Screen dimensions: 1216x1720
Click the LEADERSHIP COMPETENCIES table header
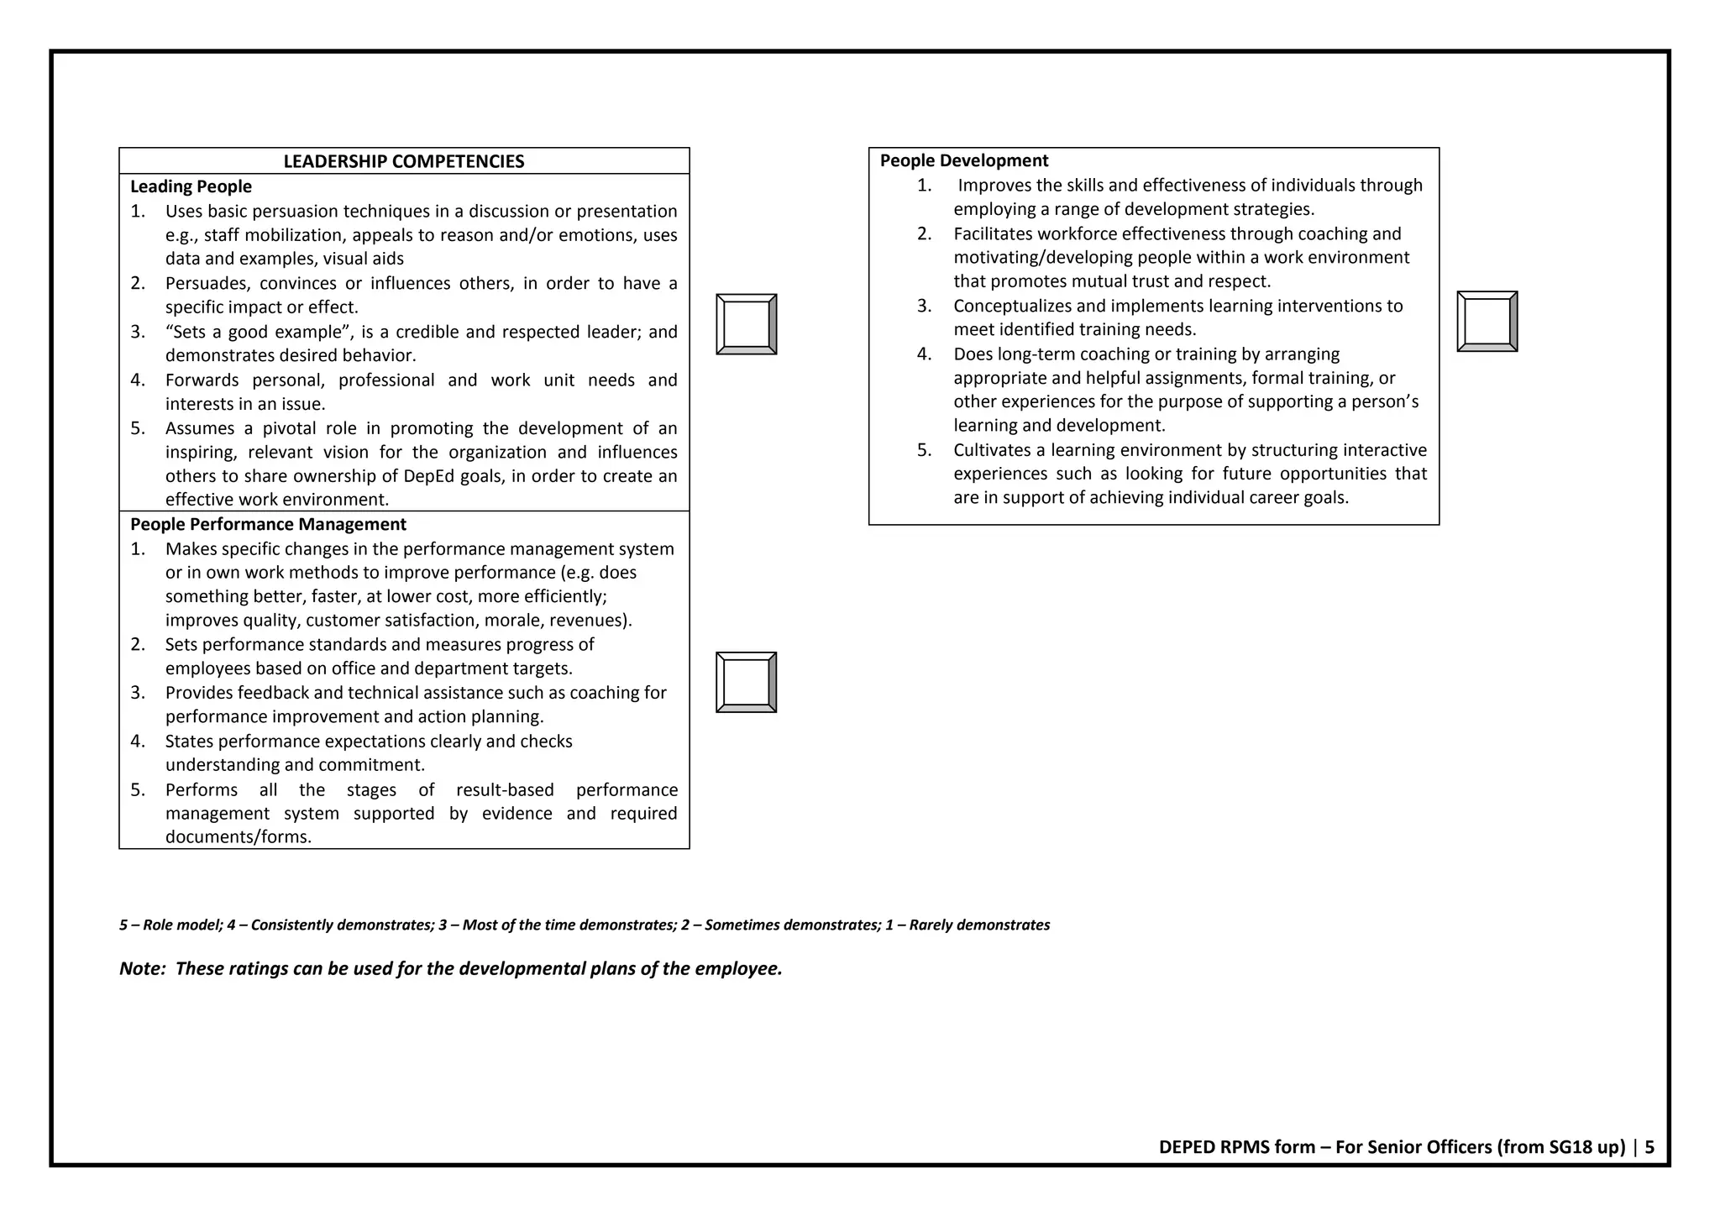pos(403,161)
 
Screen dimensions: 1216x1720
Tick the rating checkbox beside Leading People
pos(746,324)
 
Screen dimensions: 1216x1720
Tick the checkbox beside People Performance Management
pos(746,682)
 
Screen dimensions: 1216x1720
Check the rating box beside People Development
pos(1487,322)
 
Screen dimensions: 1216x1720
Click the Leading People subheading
pos(191,186)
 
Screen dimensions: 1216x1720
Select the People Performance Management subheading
pos(268,524)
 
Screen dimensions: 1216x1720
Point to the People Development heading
pos(963,160)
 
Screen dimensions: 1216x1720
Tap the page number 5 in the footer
pos(1649,1147)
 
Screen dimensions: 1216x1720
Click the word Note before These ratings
pos(141,968)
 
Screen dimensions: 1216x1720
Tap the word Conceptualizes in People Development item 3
pos(1011,306)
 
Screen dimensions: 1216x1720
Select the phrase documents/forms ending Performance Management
pos(238,836)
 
